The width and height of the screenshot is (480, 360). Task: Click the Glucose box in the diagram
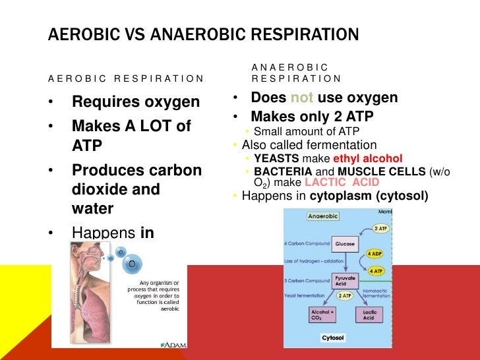[345, 243]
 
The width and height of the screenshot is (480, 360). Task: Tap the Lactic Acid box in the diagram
[369, 314]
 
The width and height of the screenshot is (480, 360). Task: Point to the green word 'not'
[302, 98]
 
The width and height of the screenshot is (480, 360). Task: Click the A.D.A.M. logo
[173, 344]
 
